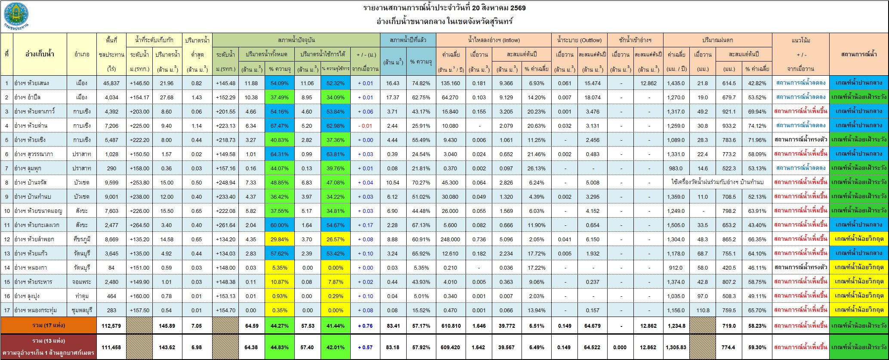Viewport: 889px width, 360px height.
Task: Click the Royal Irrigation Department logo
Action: coord(16,16)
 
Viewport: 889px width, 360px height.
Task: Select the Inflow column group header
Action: coord(494,40)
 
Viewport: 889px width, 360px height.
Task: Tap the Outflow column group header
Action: coord(579,40)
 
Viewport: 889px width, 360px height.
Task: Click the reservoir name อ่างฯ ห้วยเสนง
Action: coord(33,83)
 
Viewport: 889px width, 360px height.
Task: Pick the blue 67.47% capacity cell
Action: coord(280,126)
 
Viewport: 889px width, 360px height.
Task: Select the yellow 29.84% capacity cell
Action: coord(280,239)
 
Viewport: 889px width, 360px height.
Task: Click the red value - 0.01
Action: coord(365,126)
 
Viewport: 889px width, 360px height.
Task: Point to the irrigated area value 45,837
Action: coord(111,83)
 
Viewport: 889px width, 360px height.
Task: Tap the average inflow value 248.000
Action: coord(451,239)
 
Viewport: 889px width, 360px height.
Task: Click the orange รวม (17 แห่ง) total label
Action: coord(49,326)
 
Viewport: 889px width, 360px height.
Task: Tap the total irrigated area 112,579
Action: coord(111,326)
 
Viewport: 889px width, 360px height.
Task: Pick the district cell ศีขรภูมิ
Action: coord(82,239)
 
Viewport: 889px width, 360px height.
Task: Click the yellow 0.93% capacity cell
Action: coord(280,296)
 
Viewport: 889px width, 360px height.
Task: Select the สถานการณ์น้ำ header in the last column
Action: coord(858,54)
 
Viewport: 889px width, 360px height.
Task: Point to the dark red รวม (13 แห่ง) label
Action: coord(49,341)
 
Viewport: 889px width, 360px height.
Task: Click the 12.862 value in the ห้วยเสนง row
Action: coord(648,83)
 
